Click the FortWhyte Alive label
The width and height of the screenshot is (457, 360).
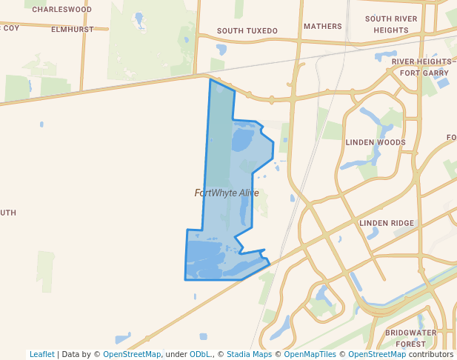[x=227, y=193]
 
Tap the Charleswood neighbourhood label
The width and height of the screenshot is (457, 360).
[x=62, y=10]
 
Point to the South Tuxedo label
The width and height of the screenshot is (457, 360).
[x=247, y=31]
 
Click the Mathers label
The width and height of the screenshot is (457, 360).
[x=323, y=27]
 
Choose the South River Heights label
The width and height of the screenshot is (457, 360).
[x=391, y=24]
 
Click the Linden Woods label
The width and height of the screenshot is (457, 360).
[x=376, y=142]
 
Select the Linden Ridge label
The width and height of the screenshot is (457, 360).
[x=387, y=223]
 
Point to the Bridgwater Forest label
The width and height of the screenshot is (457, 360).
[x=411, y=339]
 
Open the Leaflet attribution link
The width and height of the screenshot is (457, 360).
[x=42, y=354]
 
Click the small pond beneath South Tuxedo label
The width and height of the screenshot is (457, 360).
[x=221, y=50]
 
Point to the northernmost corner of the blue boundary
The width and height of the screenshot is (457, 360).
[x=211, y=79]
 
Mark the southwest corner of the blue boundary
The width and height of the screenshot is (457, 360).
[x=185, y=279]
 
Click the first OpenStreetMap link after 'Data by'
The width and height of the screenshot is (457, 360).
[x=131, y=354]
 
